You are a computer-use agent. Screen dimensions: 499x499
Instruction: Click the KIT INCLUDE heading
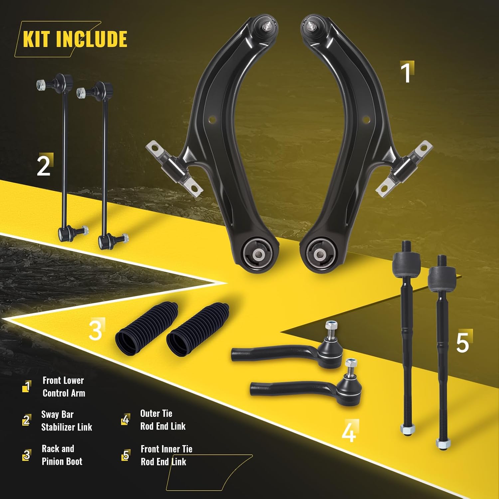75,39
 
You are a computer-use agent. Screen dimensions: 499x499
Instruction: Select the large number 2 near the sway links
44,165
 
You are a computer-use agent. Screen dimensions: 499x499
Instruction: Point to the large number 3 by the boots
95,330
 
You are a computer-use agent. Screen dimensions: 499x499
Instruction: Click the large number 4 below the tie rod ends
349,432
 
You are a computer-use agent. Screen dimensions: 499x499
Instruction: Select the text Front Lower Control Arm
63,387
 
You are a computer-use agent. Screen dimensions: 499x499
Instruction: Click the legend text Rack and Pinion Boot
62,455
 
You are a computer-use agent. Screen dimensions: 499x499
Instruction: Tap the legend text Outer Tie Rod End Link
162,420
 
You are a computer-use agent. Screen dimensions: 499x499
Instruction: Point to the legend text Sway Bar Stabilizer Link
66,421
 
